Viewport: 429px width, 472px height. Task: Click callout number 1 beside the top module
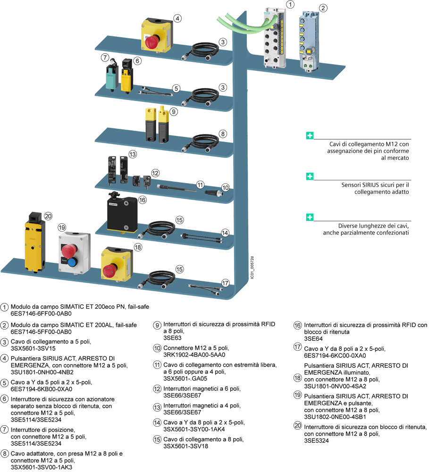[291, 4]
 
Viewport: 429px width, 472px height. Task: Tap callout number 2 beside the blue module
[323, 8]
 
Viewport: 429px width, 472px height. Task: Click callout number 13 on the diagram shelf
[133, 154]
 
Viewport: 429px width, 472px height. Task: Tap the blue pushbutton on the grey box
[72, 262]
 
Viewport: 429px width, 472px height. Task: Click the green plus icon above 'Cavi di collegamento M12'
[310, 135]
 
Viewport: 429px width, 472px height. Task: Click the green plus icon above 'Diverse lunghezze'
[310, 217]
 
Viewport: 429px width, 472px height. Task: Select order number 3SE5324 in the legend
[316, 440]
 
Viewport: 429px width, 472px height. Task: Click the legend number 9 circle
[157, 325]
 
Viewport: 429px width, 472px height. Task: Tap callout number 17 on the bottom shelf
[225, 283]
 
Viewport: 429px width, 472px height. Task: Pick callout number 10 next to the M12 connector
[225, 188]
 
